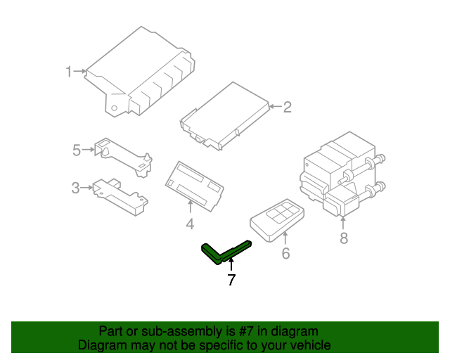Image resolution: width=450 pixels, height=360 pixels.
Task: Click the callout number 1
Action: coord(69,71)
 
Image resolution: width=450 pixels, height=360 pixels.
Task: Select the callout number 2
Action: coord(287,107)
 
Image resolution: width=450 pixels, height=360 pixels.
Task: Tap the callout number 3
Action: coord(75,188)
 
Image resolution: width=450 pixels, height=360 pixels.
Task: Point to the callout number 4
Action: coord(190,224)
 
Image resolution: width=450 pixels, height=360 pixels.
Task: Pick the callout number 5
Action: coord(77,149)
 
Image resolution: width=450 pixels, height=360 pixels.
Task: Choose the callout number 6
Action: coord(285,253)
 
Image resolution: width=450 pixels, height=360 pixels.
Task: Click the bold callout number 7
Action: coord(231,280)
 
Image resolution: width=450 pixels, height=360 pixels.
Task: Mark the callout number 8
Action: coord(343,238)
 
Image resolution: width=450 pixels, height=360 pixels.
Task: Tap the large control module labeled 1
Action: coord(141,74)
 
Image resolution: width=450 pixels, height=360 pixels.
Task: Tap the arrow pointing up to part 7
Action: coord(231,265)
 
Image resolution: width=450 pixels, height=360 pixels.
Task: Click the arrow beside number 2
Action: coord(275,107)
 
